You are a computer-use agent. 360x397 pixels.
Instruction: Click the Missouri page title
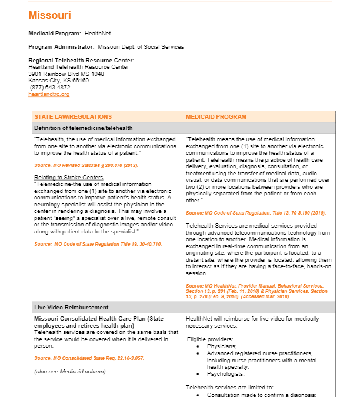49,15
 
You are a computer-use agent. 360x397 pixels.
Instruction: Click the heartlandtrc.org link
49,94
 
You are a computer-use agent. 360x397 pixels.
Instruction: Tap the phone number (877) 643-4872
50,87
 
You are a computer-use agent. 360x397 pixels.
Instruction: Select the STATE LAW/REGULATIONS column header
73,117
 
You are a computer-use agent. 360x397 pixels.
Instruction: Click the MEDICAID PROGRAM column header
216,117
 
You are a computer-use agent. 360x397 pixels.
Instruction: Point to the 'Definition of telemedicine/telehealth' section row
84,128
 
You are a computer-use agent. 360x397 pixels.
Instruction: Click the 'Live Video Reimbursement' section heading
71,307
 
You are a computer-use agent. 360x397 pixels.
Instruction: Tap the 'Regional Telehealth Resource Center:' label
81,61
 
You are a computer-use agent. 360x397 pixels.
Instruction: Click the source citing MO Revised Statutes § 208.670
86,165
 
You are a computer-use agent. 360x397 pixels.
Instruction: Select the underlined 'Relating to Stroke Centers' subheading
68,177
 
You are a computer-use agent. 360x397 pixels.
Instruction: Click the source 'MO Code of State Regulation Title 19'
98,244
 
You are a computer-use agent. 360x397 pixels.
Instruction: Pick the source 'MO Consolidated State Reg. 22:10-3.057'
89,358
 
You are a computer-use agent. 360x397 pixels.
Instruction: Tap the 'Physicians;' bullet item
222,346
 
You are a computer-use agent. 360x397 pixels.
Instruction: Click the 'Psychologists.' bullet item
225,373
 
